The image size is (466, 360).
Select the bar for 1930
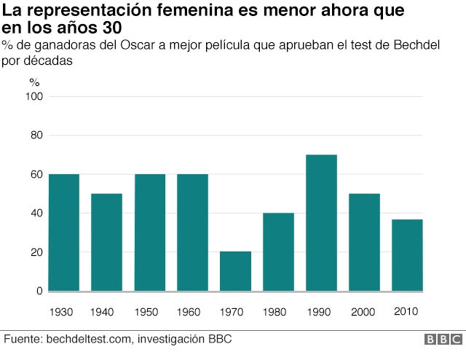click(x=63, y=232)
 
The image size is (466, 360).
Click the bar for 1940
click(x=106, y=242)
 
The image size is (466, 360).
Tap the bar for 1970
click(x=235, y=271)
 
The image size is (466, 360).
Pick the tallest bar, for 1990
click(x=321, y=222)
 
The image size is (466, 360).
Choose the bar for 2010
click(x=407, y=255)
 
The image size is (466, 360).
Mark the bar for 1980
click(x=278, y=251)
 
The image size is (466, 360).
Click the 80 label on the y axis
click(x=36, y=136)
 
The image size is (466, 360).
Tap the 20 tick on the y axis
click(x=36, y=253)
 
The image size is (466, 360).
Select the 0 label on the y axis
click(x=39, y=291)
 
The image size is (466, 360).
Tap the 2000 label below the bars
click(x=364, y=312)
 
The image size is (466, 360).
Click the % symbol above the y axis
click(x=34, y=81)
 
